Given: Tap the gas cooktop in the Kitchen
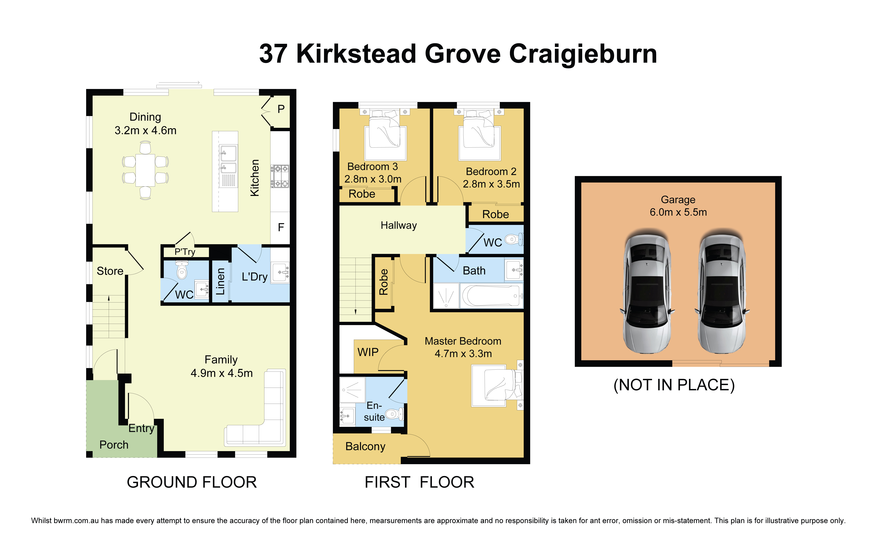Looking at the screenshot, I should click(280, 176).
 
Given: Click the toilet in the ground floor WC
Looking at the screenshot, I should click(182, 271).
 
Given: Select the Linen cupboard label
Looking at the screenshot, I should click(220, 282).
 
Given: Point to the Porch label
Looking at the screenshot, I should click(114, 445).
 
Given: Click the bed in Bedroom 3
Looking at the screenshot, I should click(385, 135).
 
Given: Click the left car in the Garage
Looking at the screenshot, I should click(647, 293).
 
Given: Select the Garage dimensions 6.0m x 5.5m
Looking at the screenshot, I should click(678, 212).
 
